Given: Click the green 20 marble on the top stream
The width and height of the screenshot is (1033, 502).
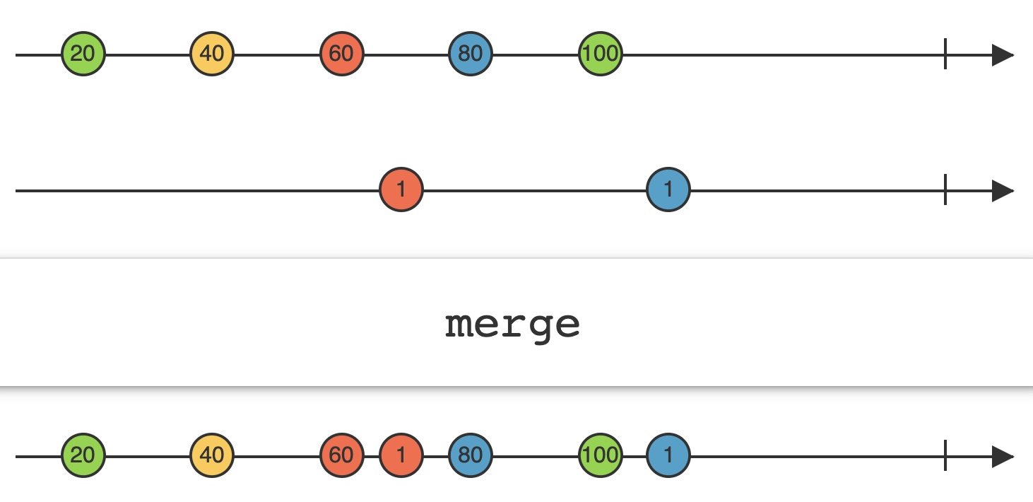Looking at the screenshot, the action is (83, 54).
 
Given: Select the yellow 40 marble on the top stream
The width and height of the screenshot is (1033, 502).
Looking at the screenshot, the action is (212, 54).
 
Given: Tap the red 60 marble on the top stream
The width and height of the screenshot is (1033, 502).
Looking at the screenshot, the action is (341, 54).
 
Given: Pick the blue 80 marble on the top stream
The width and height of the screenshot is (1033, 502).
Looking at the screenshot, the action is (471, 54).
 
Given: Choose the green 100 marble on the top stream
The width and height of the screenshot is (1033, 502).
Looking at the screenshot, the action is (600, 54).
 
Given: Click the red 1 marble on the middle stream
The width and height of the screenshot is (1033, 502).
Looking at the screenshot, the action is (401, 190).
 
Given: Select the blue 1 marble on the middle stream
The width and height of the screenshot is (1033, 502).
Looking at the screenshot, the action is (668, 190).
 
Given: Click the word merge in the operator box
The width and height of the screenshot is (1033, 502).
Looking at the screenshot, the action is (513, 325).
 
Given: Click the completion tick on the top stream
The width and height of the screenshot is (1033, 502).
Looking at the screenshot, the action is (945, 54).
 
